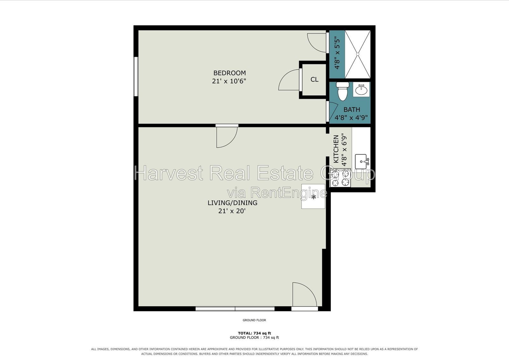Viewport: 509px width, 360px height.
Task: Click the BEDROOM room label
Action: pos(229,73)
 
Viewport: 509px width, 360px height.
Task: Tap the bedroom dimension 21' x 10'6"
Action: pos(229,81)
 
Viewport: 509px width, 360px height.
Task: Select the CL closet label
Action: pos(315,79)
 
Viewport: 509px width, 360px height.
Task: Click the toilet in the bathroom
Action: pos(342,91)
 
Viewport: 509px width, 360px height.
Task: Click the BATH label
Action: pos(352,109)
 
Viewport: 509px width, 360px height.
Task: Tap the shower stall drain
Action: pos(358,54)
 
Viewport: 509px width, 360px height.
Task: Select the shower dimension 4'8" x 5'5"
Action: pos(337,54)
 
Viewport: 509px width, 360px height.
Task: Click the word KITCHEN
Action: pos(336,149)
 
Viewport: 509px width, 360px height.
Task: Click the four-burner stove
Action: pos(340,178)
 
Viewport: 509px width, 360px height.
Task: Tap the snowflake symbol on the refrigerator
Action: pos(314,197)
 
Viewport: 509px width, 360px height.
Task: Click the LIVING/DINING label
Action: pos(233,203)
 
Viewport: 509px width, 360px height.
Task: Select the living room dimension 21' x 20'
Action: pos(232,211)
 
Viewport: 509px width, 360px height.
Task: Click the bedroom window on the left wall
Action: pos(136,77)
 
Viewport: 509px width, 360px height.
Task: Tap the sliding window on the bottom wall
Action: pos(235,309)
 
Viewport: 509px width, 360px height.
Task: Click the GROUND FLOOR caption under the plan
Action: pos(254,320)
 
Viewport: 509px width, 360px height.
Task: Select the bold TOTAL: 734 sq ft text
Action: pos(254,333)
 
